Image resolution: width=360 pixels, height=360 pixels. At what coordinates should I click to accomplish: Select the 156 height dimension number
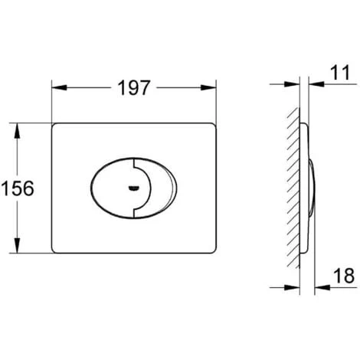[18, 188]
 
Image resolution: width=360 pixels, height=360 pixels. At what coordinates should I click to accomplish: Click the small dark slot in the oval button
[135, 188]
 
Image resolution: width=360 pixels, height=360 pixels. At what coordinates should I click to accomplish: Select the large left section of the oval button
[111, 188]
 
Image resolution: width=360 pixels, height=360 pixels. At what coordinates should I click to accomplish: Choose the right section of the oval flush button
[152, 188]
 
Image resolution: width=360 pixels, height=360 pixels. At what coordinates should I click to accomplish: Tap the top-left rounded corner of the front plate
[55, 124]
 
